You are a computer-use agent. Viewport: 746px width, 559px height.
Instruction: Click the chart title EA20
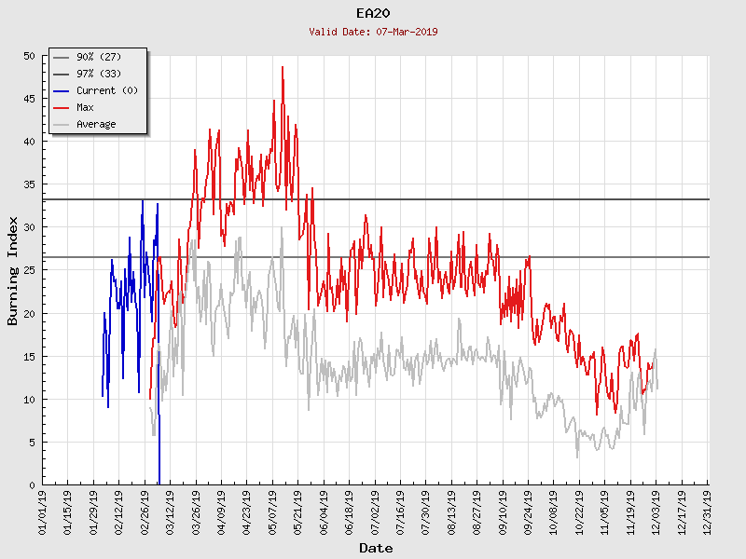(373, 13)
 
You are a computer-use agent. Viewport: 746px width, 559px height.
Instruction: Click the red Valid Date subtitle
(373, 32)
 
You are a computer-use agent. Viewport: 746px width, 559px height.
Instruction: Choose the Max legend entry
(85, 107)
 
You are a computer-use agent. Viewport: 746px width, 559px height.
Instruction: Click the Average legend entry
(96, 124)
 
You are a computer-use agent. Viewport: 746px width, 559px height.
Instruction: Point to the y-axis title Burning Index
(13, 270)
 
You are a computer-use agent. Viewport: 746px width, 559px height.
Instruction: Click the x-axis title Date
(376, 549)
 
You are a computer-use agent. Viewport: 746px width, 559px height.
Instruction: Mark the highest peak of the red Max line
(283, 67)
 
